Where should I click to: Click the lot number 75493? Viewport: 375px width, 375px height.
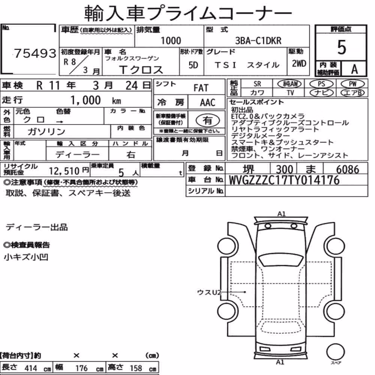click(x=35, y=53)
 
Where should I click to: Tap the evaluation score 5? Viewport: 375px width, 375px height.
click(x=342, y=47)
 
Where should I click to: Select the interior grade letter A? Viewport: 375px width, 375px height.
click(x=354, y=69)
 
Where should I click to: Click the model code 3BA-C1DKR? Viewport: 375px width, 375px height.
click(x=258, y=41)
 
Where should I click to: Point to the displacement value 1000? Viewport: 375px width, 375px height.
click(x=171, y=40)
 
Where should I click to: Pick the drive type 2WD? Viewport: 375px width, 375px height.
click(x=299, y=63)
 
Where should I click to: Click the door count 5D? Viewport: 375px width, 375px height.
click(x=193, y=65)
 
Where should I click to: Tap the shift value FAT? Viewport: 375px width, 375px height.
click(x=201, y=88)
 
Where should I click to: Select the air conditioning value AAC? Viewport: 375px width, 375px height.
click(x=208, y=103)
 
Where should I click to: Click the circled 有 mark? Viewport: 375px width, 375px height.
click(x=208, y=120)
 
